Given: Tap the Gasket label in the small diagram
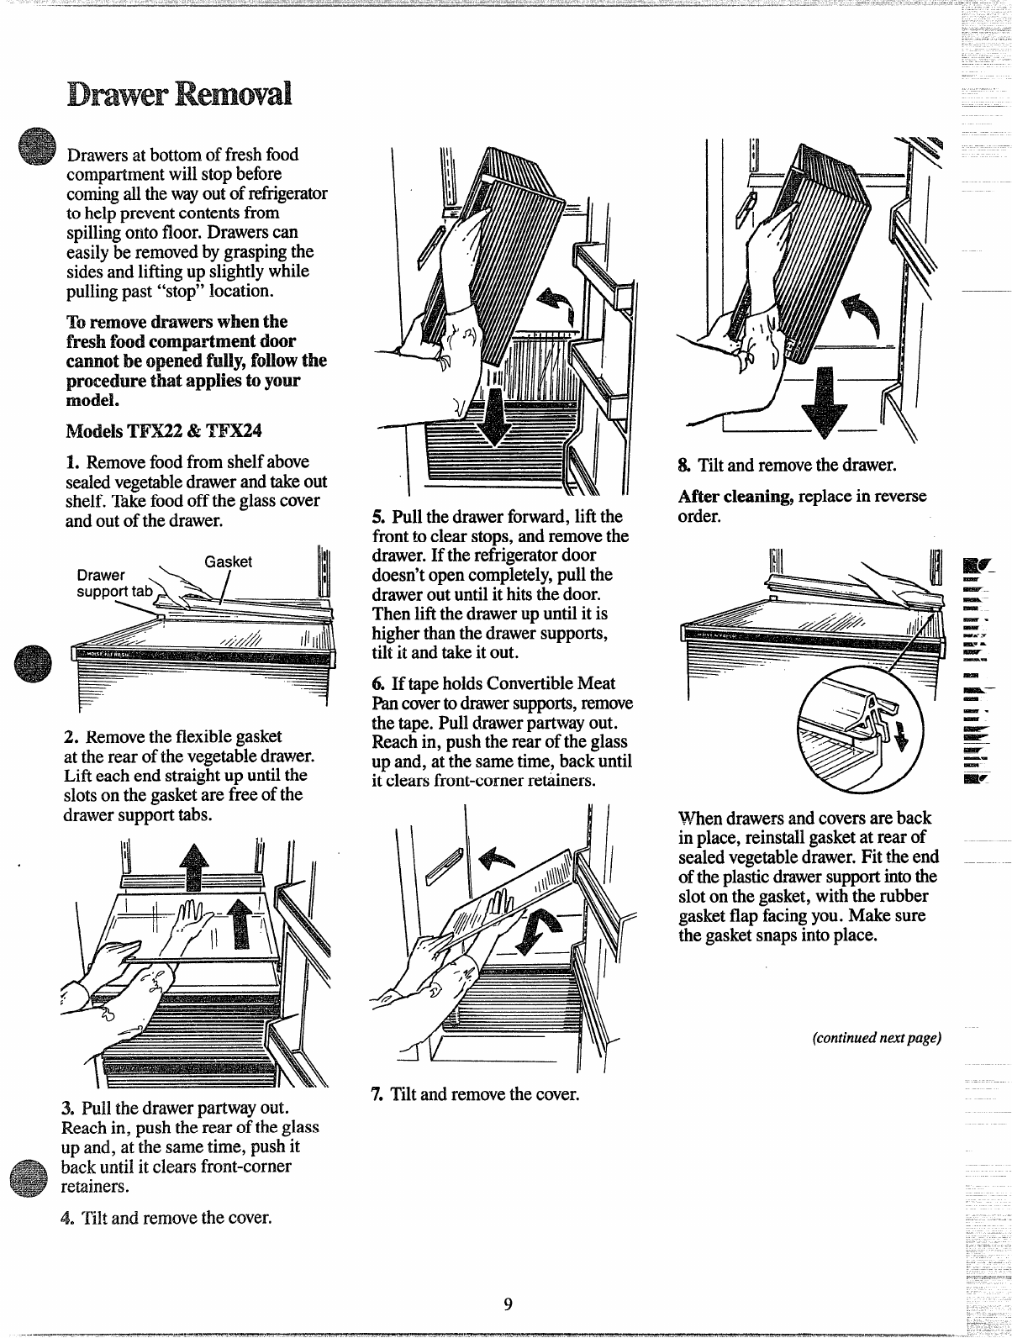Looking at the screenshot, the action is [229, 561].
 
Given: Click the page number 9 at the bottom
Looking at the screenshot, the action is [507, 1304].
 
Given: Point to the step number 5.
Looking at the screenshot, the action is [377, 516].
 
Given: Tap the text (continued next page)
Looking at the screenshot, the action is [874, 1037].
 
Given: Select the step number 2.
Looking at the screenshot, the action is [71, 737].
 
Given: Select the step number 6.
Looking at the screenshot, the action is [377, 683].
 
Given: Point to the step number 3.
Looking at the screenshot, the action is [69, 1104].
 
